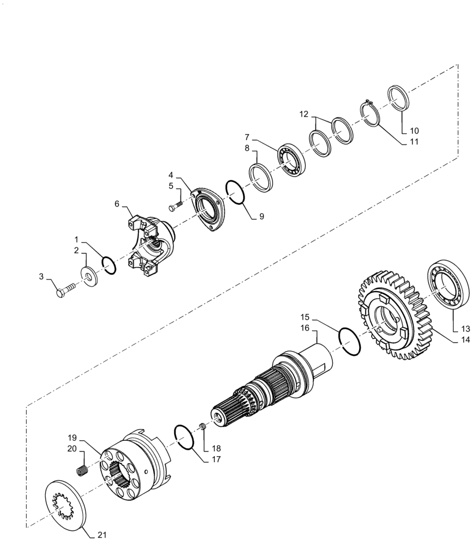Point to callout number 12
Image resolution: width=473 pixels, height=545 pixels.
pos(304,115)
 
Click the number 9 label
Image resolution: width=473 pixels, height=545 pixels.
pos(262,216)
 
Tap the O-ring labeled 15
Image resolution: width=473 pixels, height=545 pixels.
pos(349,342)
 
